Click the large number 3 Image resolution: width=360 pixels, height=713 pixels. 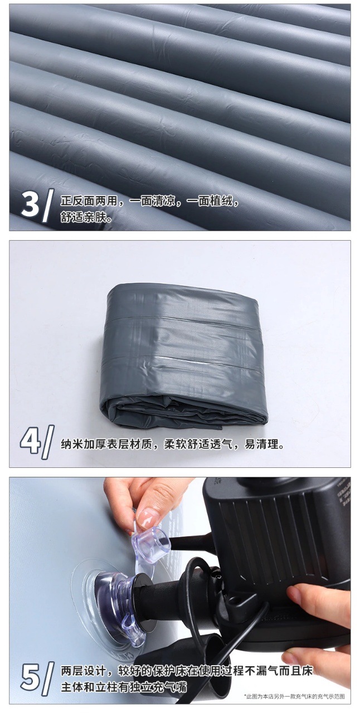pyautogui.click(x=30, y=204)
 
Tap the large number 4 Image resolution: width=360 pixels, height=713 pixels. pyautogui.click(x=30, y=442)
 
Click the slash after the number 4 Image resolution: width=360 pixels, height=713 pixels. pyautogui.click(x=47, y=443)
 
